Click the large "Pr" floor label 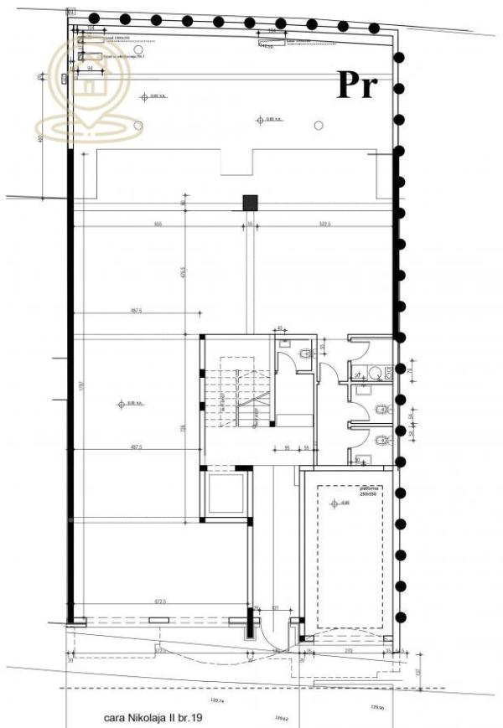[358, 85]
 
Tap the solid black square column [249, 201]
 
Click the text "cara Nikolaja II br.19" [154, 718]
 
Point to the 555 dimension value [157, 224]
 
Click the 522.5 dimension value [324, 224]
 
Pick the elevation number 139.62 [282, 718]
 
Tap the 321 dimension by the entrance [274, 609]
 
